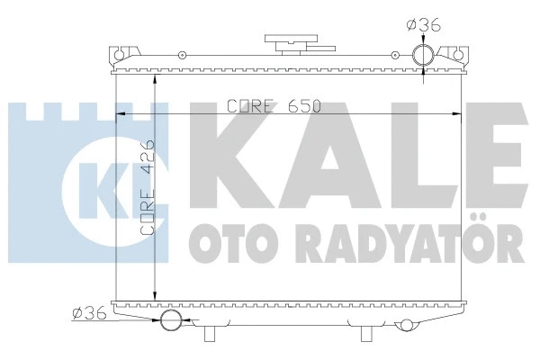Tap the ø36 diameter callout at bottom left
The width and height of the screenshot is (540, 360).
[87, 312]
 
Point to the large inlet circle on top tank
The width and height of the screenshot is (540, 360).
[424, 57]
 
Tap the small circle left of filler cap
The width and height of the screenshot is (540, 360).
[184, 58]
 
